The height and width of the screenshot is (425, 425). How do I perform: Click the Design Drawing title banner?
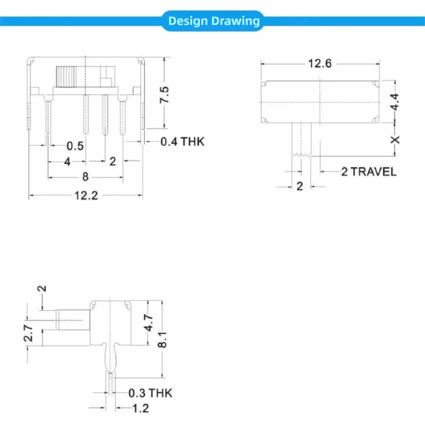pos(213,21)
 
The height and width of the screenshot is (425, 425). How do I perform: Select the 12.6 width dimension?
pos(320,63)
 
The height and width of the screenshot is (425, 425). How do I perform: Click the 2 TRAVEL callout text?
pos(368,172)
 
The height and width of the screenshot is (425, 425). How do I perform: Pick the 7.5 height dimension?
pos(164,94)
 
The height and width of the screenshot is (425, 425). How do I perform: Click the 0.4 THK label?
pos(182,142)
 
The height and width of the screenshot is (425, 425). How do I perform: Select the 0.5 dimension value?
pos(75,146)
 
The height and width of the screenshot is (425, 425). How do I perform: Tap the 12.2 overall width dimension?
pos(86,196)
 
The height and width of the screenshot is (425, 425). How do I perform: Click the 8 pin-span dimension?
pos(85,177)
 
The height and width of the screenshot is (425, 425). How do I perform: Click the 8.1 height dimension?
pos(162,339)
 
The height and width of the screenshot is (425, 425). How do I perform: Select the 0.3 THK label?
pos(150,393)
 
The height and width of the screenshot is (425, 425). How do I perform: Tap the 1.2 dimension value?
pos(140,408)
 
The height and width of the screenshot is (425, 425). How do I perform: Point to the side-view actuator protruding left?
pos(73,320)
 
